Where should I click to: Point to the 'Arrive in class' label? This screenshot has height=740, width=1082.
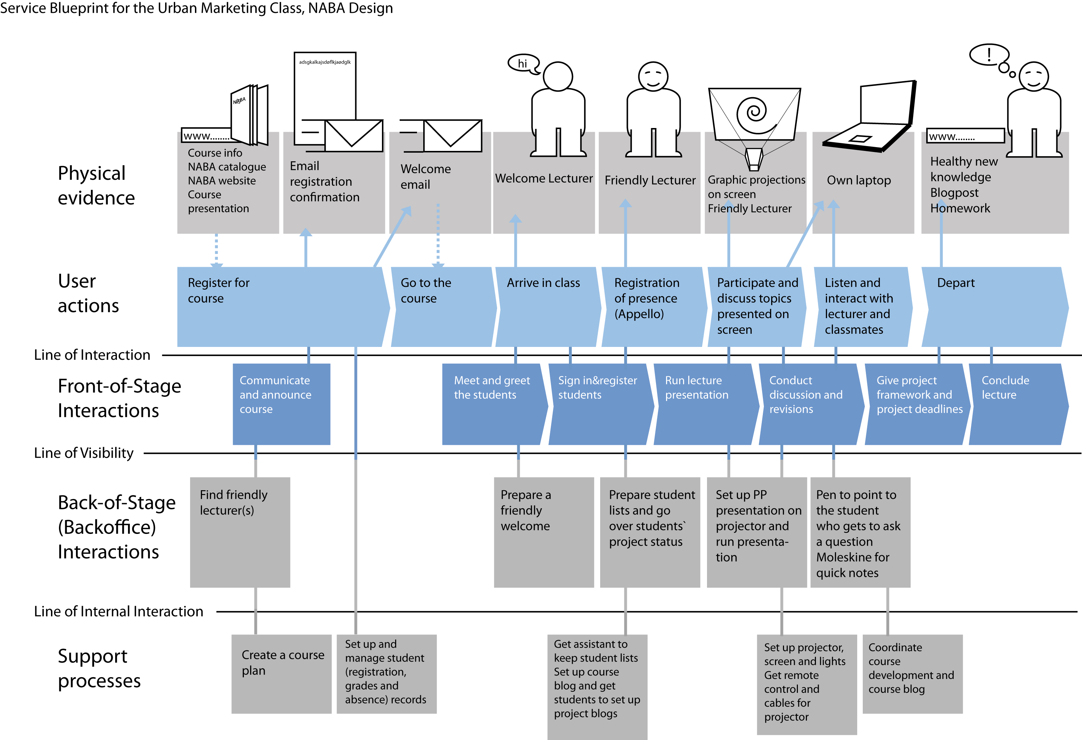tap(543, 283)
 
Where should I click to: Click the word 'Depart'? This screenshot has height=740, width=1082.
tap(955, 283)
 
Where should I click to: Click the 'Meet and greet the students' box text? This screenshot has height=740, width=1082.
tap(491, 388)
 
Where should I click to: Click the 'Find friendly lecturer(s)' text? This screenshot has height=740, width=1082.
tap(233, 502)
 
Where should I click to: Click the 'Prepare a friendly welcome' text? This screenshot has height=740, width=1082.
tap(525, 510)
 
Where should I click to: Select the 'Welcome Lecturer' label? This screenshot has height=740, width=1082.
tap(543, 179)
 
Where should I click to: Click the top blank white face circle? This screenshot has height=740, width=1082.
tap(558, 77)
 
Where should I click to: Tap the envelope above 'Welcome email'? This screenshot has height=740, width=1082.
tap(452, 136)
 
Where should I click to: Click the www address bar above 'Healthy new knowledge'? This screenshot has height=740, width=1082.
tap(965, 136)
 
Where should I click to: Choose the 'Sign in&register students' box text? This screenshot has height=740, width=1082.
tap(597, 388)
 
